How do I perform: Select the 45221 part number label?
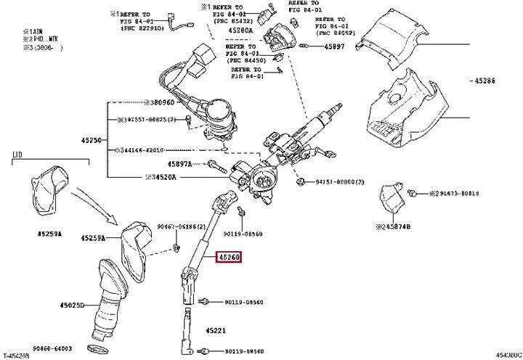(x=216, y=331)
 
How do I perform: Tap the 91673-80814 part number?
(x=457, y=194)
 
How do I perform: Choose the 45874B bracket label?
(x=394, y=226)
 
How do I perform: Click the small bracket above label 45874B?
(x=392, y=199)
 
